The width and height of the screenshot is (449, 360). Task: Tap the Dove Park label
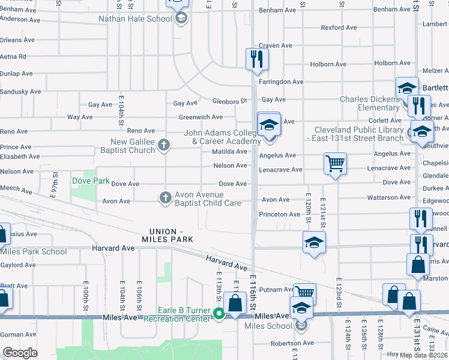[91, 180]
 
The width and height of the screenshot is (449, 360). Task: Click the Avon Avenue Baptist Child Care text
[207, 199]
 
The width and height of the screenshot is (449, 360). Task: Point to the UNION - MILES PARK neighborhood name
[171, 235]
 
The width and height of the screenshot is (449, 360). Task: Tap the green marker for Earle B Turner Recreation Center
[220, 313]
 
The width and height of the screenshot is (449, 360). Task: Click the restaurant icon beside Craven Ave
[257, 59]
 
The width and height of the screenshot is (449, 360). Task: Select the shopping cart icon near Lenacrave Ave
[335, 163]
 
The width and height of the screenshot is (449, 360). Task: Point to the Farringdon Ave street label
[281, 82]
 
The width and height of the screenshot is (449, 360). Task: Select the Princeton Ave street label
[279, 214]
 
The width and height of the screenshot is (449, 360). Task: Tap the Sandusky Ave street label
[20, 92]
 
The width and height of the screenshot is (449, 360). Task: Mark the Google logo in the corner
[20, 353]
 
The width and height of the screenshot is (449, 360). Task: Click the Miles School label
[268, 326]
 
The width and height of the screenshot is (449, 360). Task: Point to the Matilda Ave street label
[229, 151]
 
